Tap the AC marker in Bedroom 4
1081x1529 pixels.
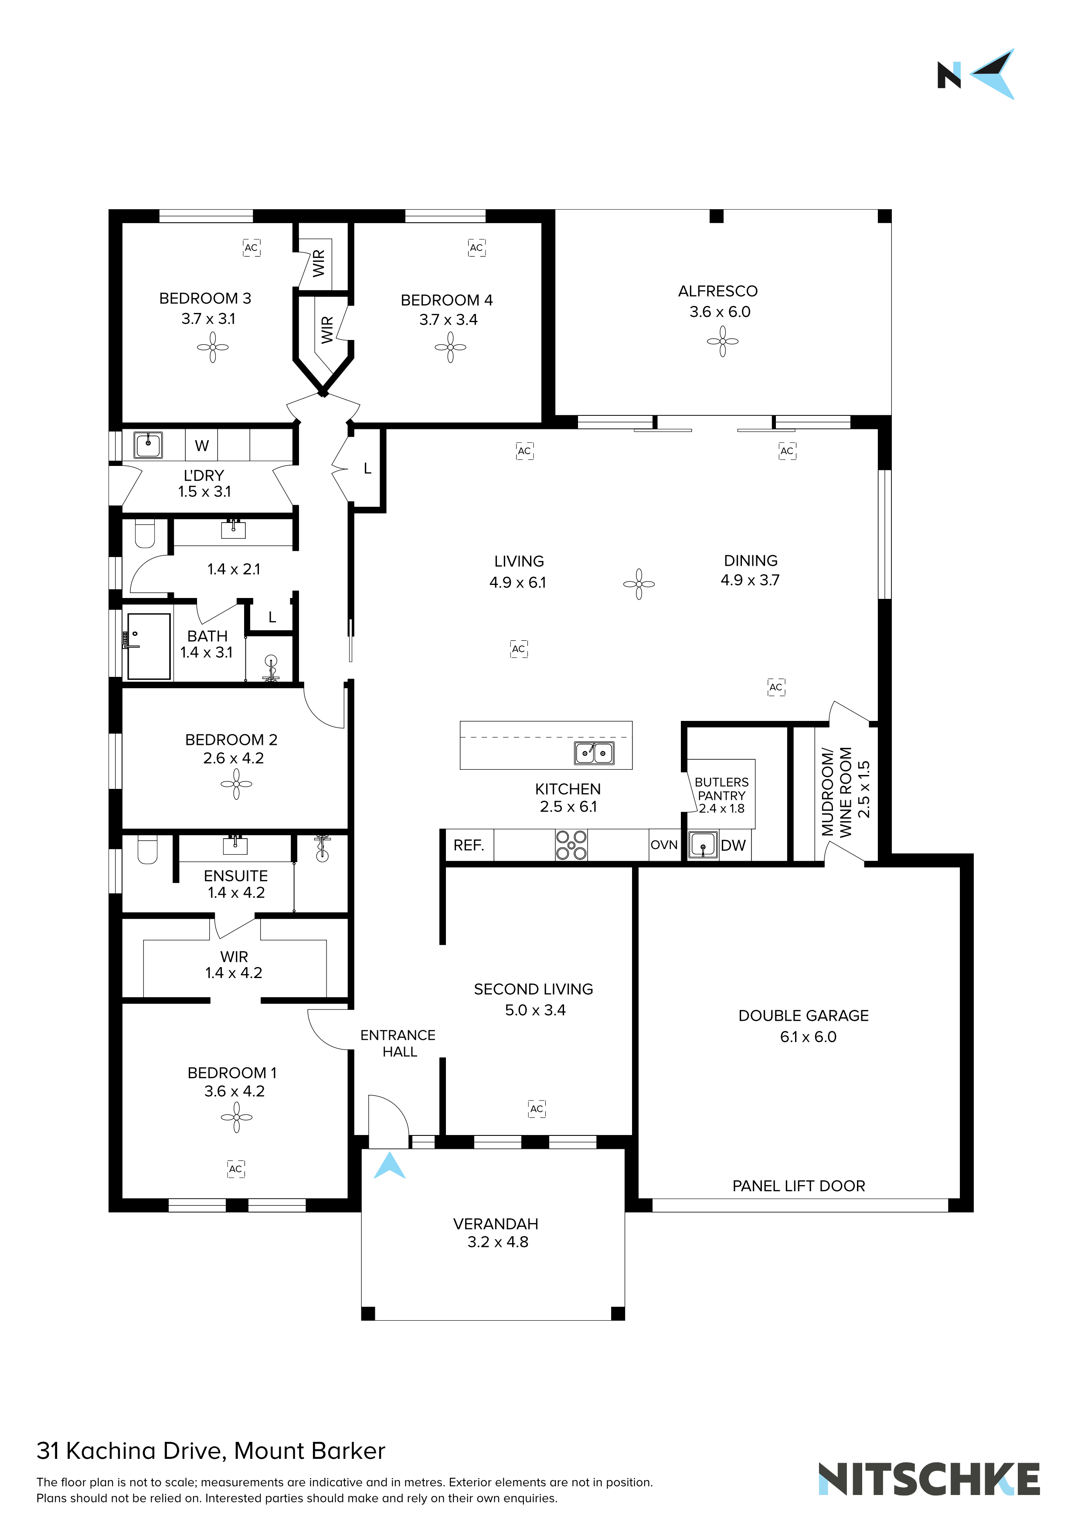(476, 248)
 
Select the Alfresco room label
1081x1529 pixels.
(717, 291)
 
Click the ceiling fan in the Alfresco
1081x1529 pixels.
(723, 342)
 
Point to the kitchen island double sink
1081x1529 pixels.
(594, 753)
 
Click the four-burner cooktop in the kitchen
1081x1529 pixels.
(571, 845)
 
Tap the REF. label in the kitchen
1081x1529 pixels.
(469, 845)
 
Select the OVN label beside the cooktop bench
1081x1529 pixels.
(664, 845)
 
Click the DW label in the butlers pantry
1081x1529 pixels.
(733, 846)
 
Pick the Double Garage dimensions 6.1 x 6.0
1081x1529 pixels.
(808, 1037)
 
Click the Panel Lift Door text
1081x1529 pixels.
(799, 1186)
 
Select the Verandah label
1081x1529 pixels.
(496, 1224)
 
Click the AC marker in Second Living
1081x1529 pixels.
(537, 1109)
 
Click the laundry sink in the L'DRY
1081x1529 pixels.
(148, 445)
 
